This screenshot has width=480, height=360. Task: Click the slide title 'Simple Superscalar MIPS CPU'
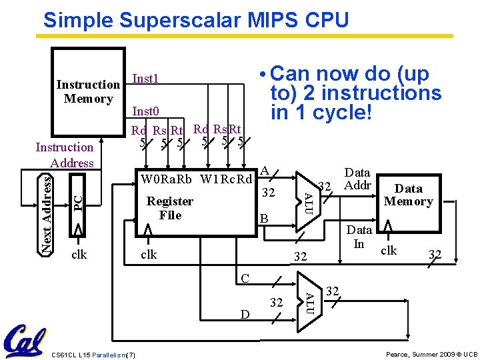click(x=196, y=20)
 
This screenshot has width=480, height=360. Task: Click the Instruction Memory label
click(x=88, y=92)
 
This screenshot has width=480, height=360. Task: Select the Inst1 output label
click(x=146, y=79)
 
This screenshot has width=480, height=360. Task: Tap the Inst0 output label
click(x=146, y=111)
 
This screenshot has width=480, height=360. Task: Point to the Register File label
click(x=170, y=208)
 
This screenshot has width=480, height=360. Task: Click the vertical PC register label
click(x=78, y=200)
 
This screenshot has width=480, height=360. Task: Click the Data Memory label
click(x=409, y=195)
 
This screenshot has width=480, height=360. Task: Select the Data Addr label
click(x=357, y=179)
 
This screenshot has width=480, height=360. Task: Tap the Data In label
click(x=359, y=237)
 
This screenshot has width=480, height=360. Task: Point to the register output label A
click(x=265, y=171)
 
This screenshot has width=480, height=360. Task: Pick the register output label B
click(x=264, y=219)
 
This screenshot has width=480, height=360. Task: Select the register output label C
click(x=245, y=277)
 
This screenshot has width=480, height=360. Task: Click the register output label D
click(x=245, y=314)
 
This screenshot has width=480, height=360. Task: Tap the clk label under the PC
click(x=79, y=254)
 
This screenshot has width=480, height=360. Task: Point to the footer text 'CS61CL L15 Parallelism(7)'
click(x=93, y=353)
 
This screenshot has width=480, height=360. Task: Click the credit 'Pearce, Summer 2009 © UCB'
click(x=431, y=353)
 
